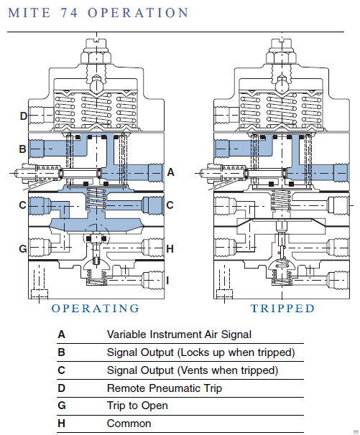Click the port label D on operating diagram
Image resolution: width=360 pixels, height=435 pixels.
click(23, 116)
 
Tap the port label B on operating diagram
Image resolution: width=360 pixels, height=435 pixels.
click(22, 149)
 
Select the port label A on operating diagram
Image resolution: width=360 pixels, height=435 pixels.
click(170, 172)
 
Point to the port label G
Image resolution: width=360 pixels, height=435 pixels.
click(23, 248)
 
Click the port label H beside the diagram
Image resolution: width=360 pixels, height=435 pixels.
click(170, 249)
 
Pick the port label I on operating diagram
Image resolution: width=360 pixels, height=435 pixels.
click(167, 281)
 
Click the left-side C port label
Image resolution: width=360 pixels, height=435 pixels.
click(22, 205)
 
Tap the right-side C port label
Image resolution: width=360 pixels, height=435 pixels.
click(170, 205)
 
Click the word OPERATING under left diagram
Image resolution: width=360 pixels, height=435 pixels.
click(96, 309)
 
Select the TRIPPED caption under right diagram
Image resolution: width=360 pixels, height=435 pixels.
click(283, 309)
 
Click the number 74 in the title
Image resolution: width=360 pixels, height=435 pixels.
click(69, 13)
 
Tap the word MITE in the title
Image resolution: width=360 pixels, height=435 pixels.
click(29, 13)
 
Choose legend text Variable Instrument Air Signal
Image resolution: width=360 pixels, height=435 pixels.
click(179, 335)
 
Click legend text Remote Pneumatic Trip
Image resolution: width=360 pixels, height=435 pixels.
click(165, 388)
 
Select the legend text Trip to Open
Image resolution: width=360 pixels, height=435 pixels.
click(137, 406)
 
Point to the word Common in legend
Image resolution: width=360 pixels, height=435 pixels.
click(129, 424)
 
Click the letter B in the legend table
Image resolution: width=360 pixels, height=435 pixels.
click(61, 352)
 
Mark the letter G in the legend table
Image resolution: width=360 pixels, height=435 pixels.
click(62, 406)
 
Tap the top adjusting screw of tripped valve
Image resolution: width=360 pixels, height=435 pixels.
click(282, 44)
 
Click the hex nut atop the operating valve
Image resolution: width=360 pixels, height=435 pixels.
click(96, 57)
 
